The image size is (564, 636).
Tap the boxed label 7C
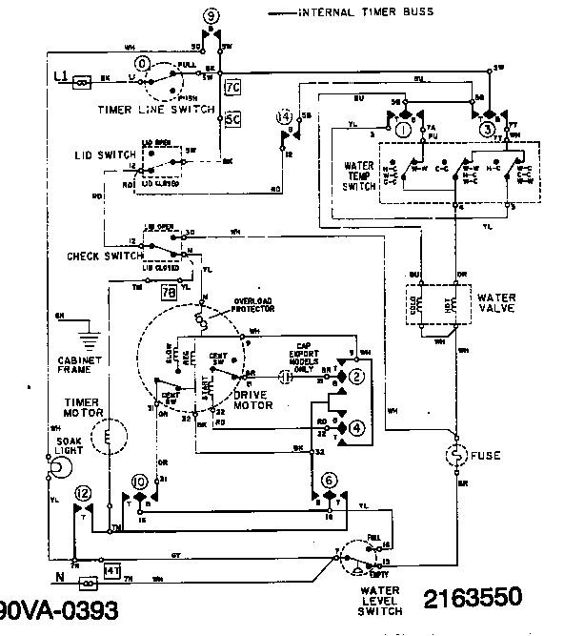(x=231, y=88)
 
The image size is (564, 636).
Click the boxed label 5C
(x=231, y=120)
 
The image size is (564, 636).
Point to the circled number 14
(x=283, y=117)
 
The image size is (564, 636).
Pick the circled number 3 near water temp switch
(x=487, y=128)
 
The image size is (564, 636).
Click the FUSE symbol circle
(x=454, y=455)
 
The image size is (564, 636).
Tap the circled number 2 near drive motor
(x=356, y=378)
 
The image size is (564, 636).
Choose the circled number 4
(x=356, y=426)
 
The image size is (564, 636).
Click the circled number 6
(x=330, y=479)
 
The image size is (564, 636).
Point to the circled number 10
(x=140, y=480)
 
